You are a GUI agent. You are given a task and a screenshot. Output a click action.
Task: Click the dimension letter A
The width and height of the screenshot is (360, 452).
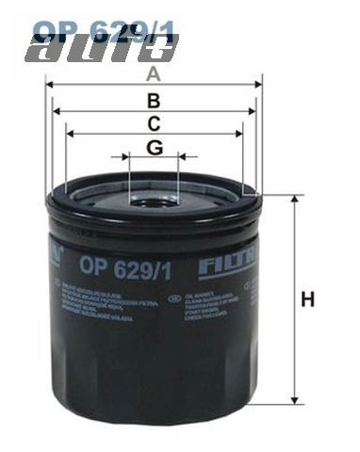coord(153,71)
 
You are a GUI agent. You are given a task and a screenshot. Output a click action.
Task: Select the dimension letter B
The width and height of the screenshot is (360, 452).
coord(153,100)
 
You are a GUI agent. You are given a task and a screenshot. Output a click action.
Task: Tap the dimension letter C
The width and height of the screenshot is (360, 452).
coord(154,122)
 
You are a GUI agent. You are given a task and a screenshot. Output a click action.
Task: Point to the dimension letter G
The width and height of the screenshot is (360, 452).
coord(154,147)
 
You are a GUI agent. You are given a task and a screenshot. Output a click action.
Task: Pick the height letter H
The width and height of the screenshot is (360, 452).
coord(306,300)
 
